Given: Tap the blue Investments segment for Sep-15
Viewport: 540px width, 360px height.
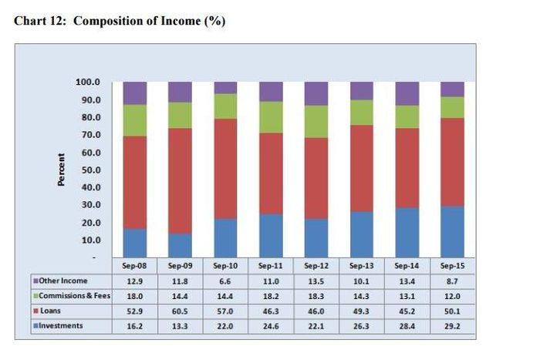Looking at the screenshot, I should tap(452, 231).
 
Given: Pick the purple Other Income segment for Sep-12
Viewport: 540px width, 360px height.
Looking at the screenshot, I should tap(316, 93).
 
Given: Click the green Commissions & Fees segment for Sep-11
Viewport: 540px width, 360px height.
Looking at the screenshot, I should tap(271, 117).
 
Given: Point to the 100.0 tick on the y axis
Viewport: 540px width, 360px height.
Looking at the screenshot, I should tap(89, 82).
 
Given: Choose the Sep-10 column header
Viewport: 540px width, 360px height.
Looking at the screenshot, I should tap(225, 266).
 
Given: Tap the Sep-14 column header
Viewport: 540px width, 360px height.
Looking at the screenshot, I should tap(407, 266).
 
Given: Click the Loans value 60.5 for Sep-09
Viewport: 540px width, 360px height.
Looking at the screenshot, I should tap(180, 311).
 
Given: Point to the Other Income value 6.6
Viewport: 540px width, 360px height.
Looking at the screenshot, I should tap(225, 281).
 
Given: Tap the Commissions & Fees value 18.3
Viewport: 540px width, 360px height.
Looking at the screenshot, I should tap(316, 296).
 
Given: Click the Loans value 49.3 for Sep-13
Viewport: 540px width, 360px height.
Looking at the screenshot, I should tap(361, 311).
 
